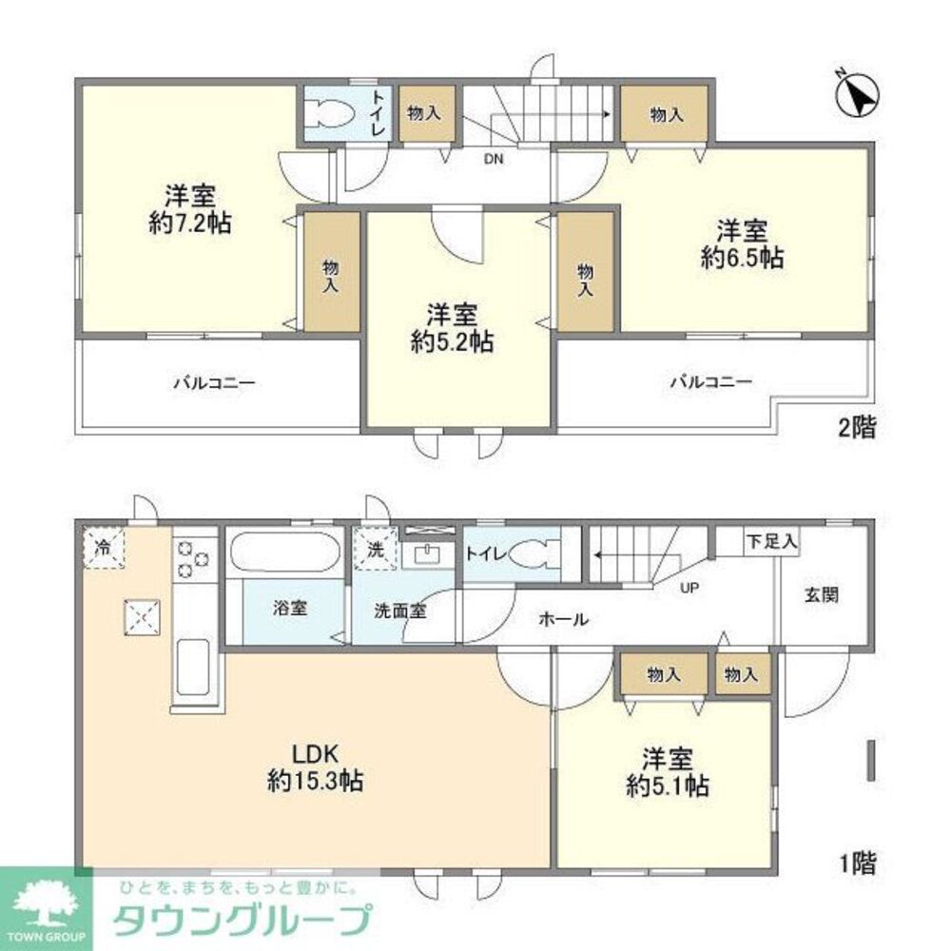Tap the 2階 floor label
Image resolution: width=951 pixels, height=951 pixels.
tap(856, 427)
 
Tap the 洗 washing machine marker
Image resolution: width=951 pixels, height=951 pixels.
tap(376, 550)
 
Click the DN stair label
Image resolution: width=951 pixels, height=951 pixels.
tap(493, 159)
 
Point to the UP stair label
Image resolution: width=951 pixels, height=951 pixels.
tap(689, 587)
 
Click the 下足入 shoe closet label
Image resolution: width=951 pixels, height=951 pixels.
tap(771, 543)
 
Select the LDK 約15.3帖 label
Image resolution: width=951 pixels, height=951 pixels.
tap(314, 767)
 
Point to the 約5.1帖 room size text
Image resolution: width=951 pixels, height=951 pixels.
tap(666, 786)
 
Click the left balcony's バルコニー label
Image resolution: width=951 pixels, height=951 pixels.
tap(214, 383)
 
